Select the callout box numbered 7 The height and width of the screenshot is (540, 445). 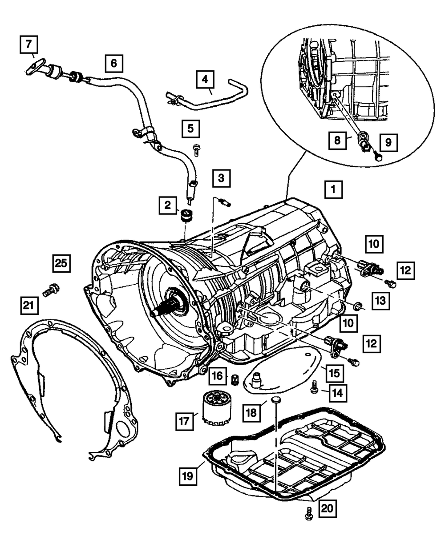[28, 45]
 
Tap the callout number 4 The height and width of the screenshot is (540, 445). [204, 81]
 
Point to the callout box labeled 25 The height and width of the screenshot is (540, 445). [61, 263]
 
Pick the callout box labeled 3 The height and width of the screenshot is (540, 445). [221, 179]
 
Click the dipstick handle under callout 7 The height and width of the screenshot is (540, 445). [35, 67]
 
